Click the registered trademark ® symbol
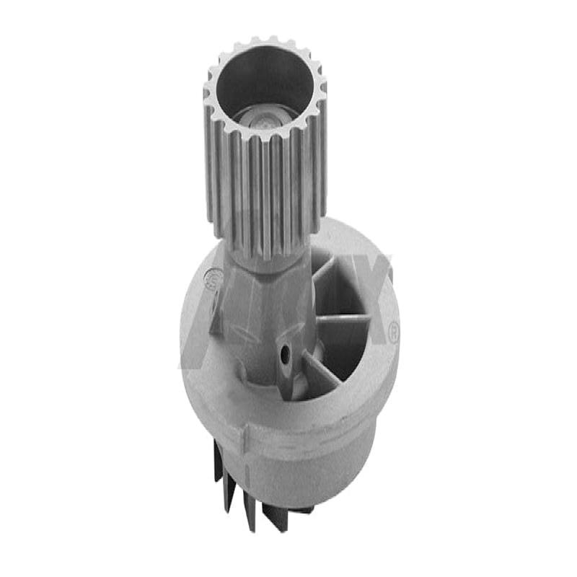[394, 332]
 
